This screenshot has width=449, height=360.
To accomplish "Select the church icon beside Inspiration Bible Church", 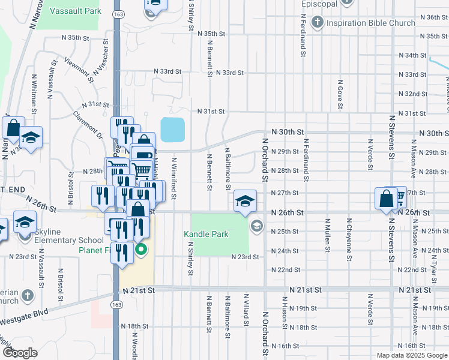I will point(318,23).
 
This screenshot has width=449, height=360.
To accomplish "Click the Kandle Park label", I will point(206,234).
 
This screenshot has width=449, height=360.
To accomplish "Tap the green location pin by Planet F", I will point(141,249).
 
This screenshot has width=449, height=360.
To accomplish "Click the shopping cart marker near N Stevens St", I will point(397,197).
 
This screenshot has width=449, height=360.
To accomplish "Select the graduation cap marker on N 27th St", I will point(245,201).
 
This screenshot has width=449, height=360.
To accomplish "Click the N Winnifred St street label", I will point(174,178).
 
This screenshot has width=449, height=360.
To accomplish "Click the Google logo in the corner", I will point(20,352).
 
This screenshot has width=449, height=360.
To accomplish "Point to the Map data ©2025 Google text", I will point(411,355).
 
